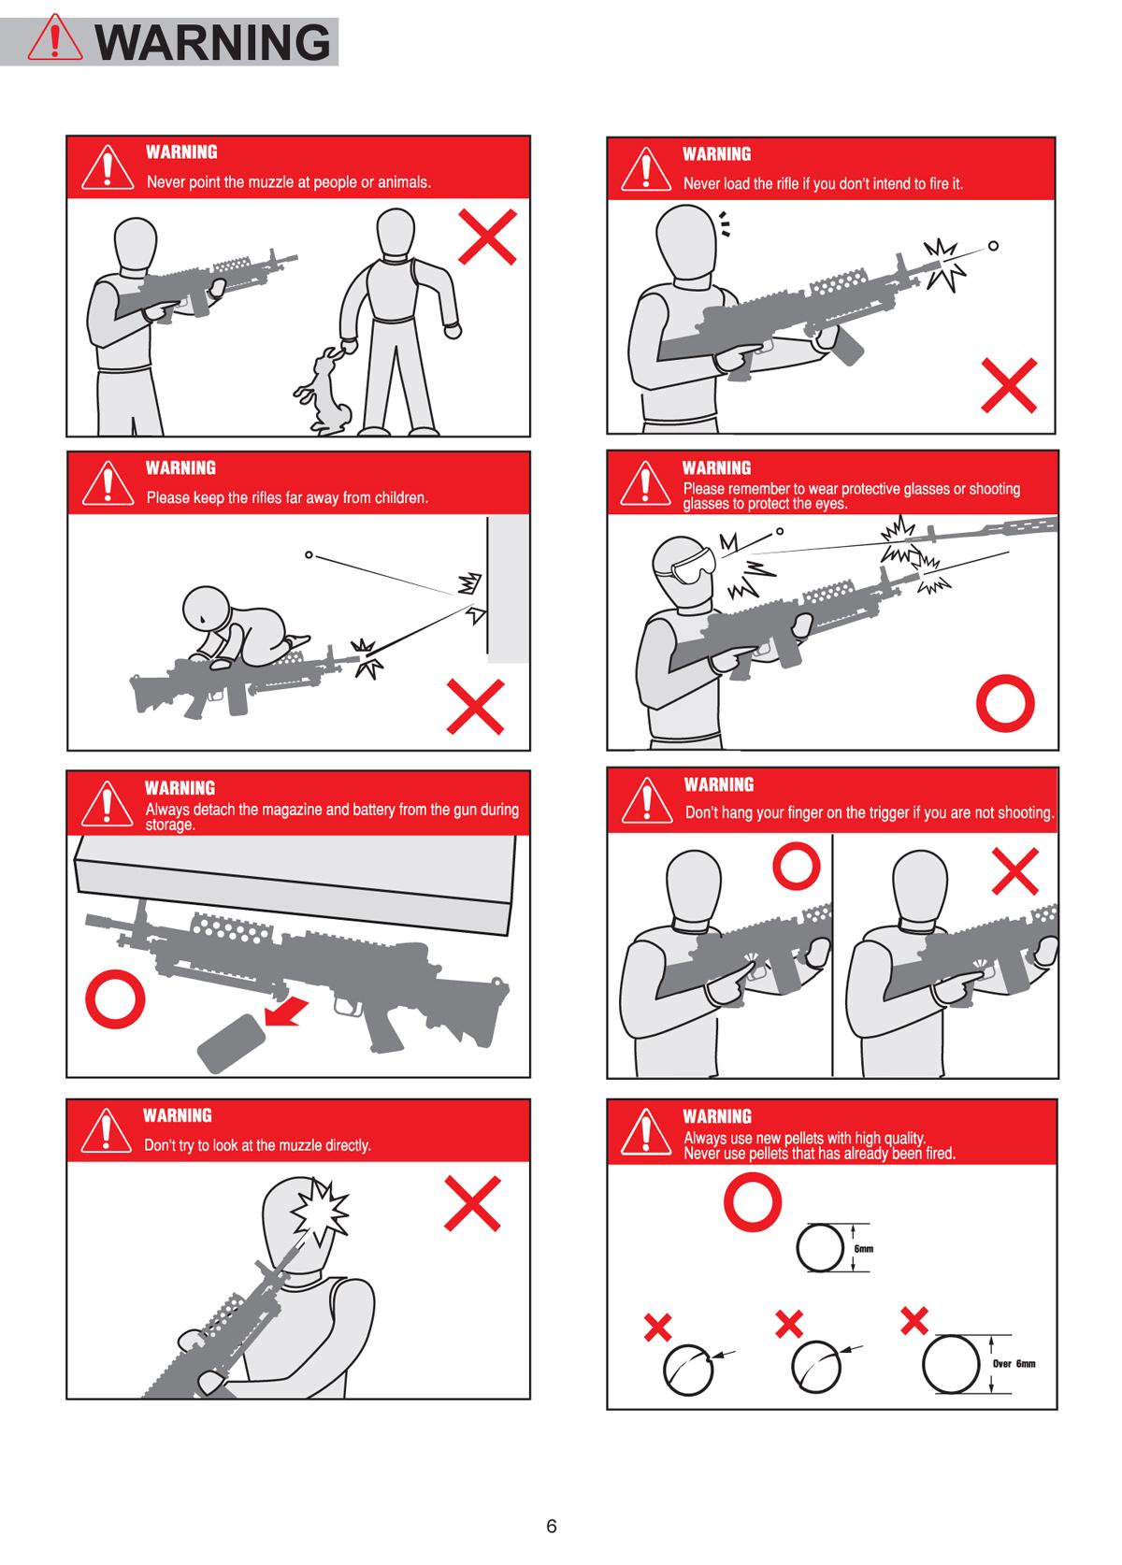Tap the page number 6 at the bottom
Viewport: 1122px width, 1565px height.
[x=552, y=1526]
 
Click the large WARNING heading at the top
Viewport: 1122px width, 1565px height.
[x=213, y=43]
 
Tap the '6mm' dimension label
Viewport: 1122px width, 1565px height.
[x=864, y=1249]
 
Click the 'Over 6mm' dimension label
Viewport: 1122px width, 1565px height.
[x=1014, y=1364]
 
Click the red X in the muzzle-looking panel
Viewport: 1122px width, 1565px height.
[x=472, y=1203]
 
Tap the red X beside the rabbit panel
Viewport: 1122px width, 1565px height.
[x=488, y=237]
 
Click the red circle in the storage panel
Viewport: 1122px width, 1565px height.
[x=115, y=998]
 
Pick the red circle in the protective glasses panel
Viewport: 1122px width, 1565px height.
[x=1005, y=703]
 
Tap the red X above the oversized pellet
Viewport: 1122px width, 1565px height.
[x=913, y=1320]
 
